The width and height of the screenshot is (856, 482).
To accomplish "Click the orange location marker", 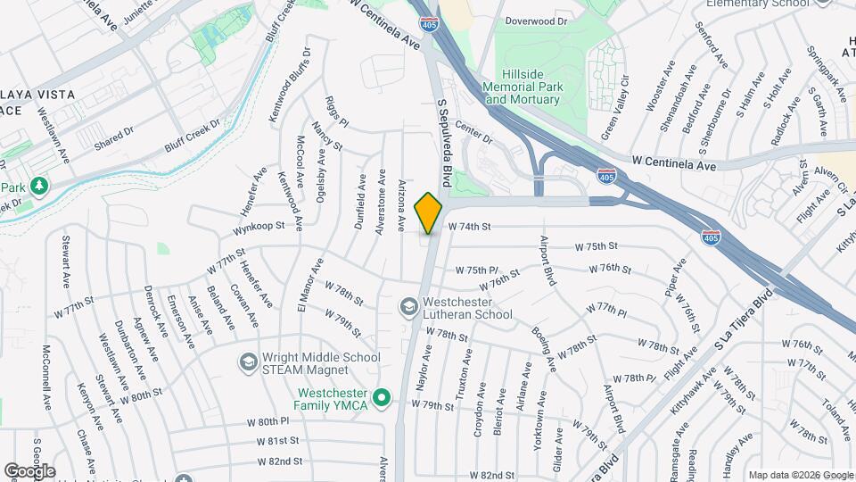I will point(429,212).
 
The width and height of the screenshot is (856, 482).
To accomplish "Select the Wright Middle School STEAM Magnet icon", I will point(248,362).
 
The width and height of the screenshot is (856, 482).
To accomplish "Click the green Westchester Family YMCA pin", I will point(383,397).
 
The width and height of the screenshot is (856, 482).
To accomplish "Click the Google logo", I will point(29,470).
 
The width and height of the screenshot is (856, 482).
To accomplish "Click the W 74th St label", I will point(469,227).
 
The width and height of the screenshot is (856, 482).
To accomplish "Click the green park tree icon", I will point(38,187).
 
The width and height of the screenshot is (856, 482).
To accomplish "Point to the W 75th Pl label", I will point(476,270).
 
